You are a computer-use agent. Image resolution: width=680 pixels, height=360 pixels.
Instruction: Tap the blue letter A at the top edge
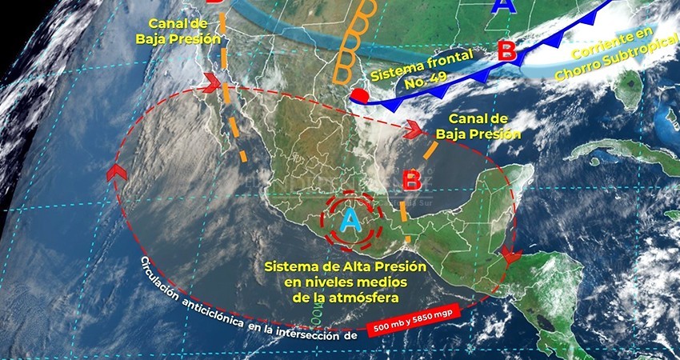(503, 6)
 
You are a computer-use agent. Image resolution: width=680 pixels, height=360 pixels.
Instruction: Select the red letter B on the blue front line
(506, 51)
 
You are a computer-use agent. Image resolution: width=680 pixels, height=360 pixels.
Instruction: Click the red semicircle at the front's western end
(362, 96)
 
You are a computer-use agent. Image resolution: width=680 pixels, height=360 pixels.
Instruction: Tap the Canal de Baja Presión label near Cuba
(480, 126)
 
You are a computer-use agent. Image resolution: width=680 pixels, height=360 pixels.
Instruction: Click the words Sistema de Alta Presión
(346, 266)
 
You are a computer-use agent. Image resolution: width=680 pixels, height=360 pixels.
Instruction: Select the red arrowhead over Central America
(510, 257)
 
